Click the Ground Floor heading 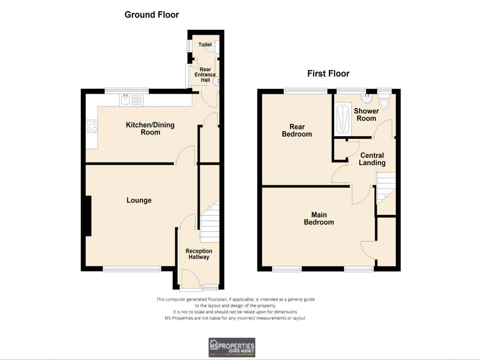151,15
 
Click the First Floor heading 328,73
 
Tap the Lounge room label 139,200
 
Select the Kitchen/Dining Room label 150,129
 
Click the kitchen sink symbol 131,100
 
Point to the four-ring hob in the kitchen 91,126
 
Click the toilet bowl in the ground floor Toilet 211,47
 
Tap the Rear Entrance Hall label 205,75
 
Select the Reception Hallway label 199,254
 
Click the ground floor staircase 210,223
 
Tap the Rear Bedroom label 297,130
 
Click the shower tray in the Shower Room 343,119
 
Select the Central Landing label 372,159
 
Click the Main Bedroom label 319,218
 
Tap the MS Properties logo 232,347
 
